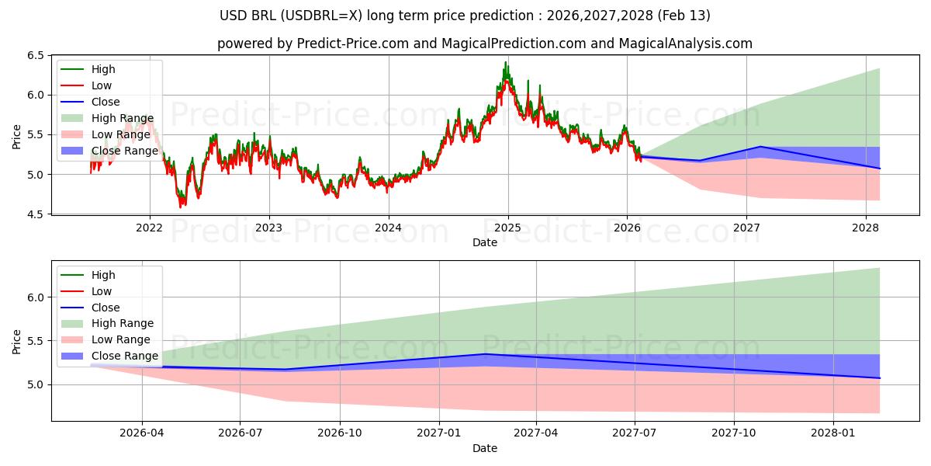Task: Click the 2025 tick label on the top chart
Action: pos(507,228)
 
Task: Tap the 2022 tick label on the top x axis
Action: pos(149,228)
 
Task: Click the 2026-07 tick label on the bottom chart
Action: pos(240,433)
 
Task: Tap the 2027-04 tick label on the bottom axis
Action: pos(536,433)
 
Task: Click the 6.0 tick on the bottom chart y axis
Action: pos(36,297)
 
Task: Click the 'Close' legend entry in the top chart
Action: pos(106,102)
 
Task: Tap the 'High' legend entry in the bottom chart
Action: pos(103,275)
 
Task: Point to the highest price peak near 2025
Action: pos(505,63)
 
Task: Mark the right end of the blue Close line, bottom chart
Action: pos(879,378)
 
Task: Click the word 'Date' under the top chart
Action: pos(485,243)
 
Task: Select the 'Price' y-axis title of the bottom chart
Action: pos(17,340)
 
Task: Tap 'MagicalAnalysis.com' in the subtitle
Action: pos(685,43)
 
